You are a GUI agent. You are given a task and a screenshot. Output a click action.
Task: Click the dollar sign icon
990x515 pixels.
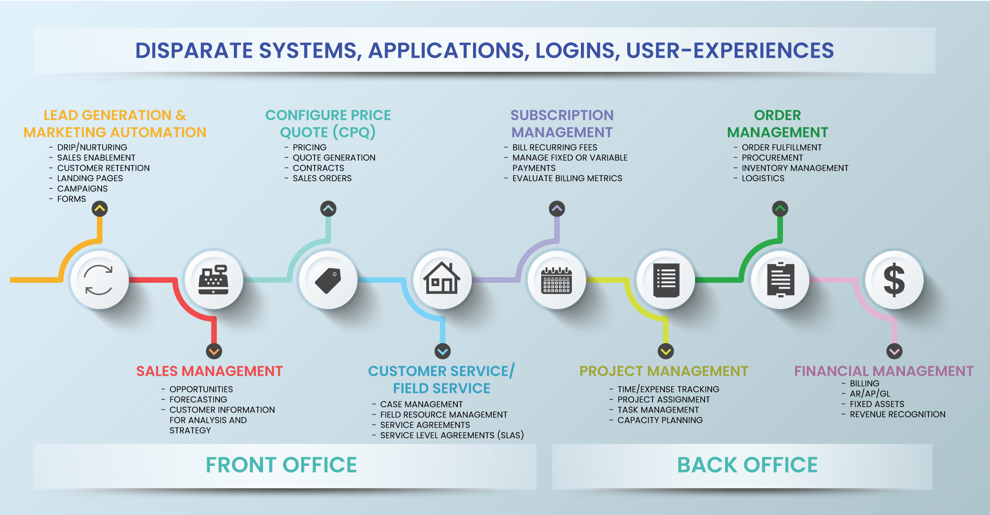(894, 280)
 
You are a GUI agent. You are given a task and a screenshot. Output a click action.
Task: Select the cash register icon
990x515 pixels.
(213, 279)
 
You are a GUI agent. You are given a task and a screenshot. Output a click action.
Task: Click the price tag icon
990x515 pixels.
(328, 280)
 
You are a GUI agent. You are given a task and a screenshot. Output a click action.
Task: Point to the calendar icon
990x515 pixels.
(556, 280)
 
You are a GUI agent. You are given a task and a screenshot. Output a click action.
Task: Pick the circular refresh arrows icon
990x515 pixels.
(98, 280)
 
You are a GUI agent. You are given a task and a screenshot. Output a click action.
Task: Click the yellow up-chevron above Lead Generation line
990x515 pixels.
(100, 208)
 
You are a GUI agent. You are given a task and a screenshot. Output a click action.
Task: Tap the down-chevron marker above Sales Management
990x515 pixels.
(214, 351)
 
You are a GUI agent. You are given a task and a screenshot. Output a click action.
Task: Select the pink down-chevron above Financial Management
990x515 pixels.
(894, 351)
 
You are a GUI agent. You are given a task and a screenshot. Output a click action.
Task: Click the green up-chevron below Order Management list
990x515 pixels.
(780, 208)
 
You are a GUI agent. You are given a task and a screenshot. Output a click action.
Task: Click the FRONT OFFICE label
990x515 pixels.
(281, 465)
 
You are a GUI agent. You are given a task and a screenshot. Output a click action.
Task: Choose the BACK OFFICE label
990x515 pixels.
(747, 465)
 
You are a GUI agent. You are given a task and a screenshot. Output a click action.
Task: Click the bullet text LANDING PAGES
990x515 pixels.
(90, 178)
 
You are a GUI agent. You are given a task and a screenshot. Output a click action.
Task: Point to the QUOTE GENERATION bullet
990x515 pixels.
(334, 158)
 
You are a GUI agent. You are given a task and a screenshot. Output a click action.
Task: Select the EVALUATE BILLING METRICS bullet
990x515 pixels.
(567, 178)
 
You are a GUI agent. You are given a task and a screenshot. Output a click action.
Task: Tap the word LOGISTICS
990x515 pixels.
(763, 178)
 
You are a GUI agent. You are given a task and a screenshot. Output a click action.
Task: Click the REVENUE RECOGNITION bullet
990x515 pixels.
(897, 414)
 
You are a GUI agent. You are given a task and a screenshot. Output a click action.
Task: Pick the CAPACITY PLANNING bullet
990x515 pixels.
(660, 420)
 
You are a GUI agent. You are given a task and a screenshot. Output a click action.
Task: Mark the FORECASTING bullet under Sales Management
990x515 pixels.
(198, 400)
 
